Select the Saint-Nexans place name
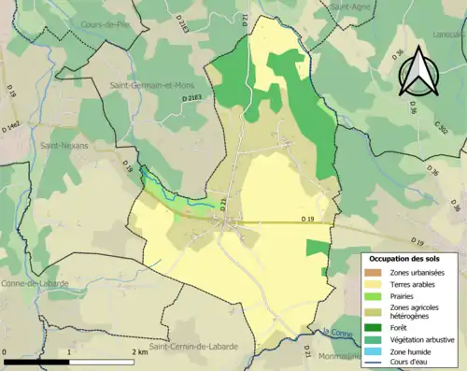[64, 146]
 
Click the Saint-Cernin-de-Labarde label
[193, 346]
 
